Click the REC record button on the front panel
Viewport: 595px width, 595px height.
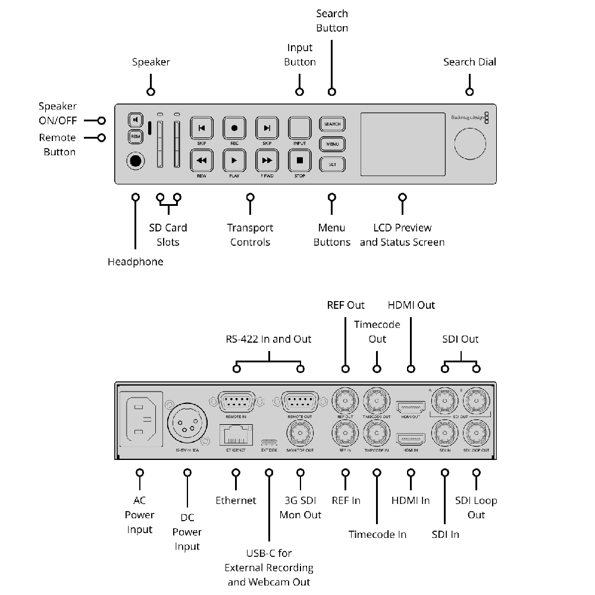click(x=234, y=128)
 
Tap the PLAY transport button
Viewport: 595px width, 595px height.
click(x=234, y=160)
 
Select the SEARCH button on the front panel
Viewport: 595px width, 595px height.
click(x=332, y=124)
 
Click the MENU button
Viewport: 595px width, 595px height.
click(x=332, y=143)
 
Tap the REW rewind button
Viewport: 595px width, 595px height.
click(x=202, y=160)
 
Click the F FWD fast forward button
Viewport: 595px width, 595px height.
click(x=267, y=160)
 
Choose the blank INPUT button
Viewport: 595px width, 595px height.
click(x=300, y=128)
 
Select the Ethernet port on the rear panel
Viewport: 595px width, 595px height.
click(x=236, y=434)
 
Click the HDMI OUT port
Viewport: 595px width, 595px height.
click(x=411, y=407)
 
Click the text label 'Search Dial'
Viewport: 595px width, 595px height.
click(x=469, y=62)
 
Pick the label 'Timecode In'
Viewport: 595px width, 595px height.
click(x=377, y=534)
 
